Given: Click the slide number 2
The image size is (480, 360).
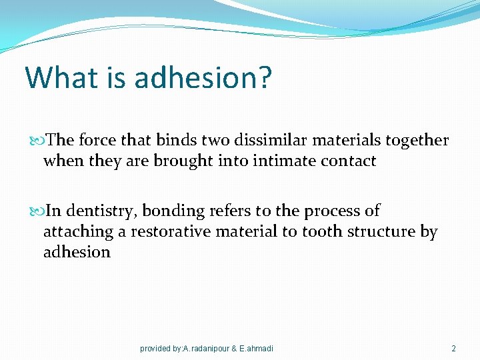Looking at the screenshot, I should pyautogui.click(x=453, y=349).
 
